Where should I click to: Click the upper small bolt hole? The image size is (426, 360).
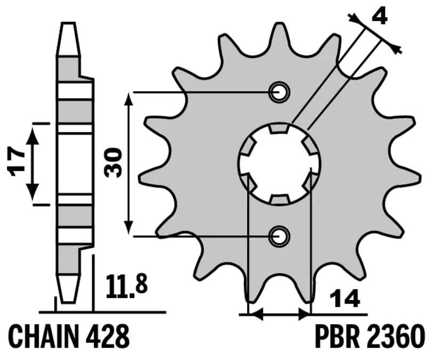coord(279,92)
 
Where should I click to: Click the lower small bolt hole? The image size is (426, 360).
coord(279,235)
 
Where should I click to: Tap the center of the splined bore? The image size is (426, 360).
coord(279,163)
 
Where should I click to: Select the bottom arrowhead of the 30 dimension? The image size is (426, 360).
coord(128,229)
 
